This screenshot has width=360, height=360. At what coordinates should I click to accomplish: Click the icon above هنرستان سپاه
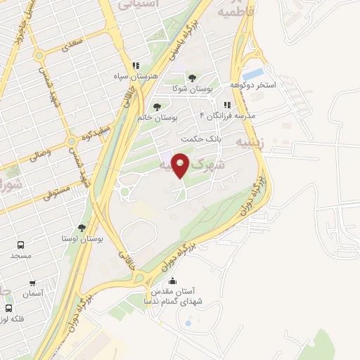point(136,66)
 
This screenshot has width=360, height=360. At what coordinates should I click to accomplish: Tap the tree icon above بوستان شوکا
point(191,77)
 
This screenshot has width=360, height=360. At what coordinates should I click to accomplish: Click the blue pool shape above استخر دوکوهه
point(253,73)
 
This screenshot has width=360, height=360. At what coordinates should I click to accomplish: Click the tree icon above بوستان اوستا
point(82,228)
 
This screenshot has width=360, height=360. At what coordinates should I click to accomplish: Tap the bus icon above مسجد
point(21,245)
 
